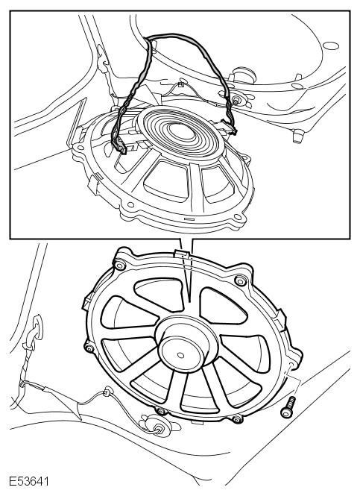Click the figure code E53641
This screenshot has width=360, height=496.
tap(29, 481)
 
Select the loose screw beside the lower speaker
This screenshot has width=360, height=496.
tap(288, 407)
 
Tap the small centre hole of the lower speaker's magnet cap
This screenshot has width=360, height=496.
tap(181, 355)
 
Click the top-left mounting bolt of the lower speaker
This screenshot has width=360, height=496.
tap(120, 265)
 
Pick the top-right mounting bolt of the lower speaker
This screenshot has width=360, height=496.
tap(241, 280)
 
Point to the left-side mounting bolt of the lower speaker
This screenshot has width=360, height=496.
tap(89, 348)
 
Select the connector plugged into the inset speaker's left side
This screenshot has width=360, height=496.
tap(119, 146)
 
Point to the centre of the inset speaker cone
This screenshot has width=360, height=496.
tap(182, 131)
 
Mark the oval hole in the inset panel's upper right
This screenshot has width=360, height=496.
tap(331, 45)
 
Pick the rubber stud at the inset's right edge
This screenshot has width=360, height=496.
tap(297, 136)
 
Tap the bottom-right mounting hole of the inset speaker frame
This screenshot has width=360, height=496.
tap(237, 217)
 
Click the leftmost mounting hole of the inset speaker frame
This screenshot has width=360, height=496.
tap(80, 148)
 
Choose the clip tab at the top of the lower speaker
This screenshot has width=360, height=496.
tap(181, 253)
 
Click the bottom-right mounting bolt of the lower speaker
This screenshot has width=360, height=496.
tap(237, 419)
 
